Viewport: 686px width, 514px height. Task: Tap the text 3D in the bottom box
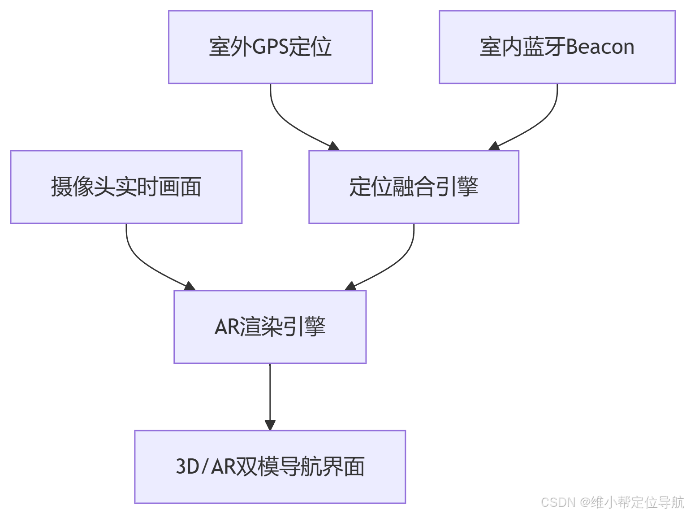[x=187, y=466]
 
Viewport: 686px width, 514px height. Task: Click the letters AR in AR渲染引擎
[x=228, y=327]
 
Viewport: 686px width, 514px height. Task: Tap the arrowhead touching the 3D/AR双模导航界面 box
[x=270, y=425]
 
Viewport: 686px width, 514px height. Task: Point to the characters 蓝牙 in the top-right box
[x=544, y=47]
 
